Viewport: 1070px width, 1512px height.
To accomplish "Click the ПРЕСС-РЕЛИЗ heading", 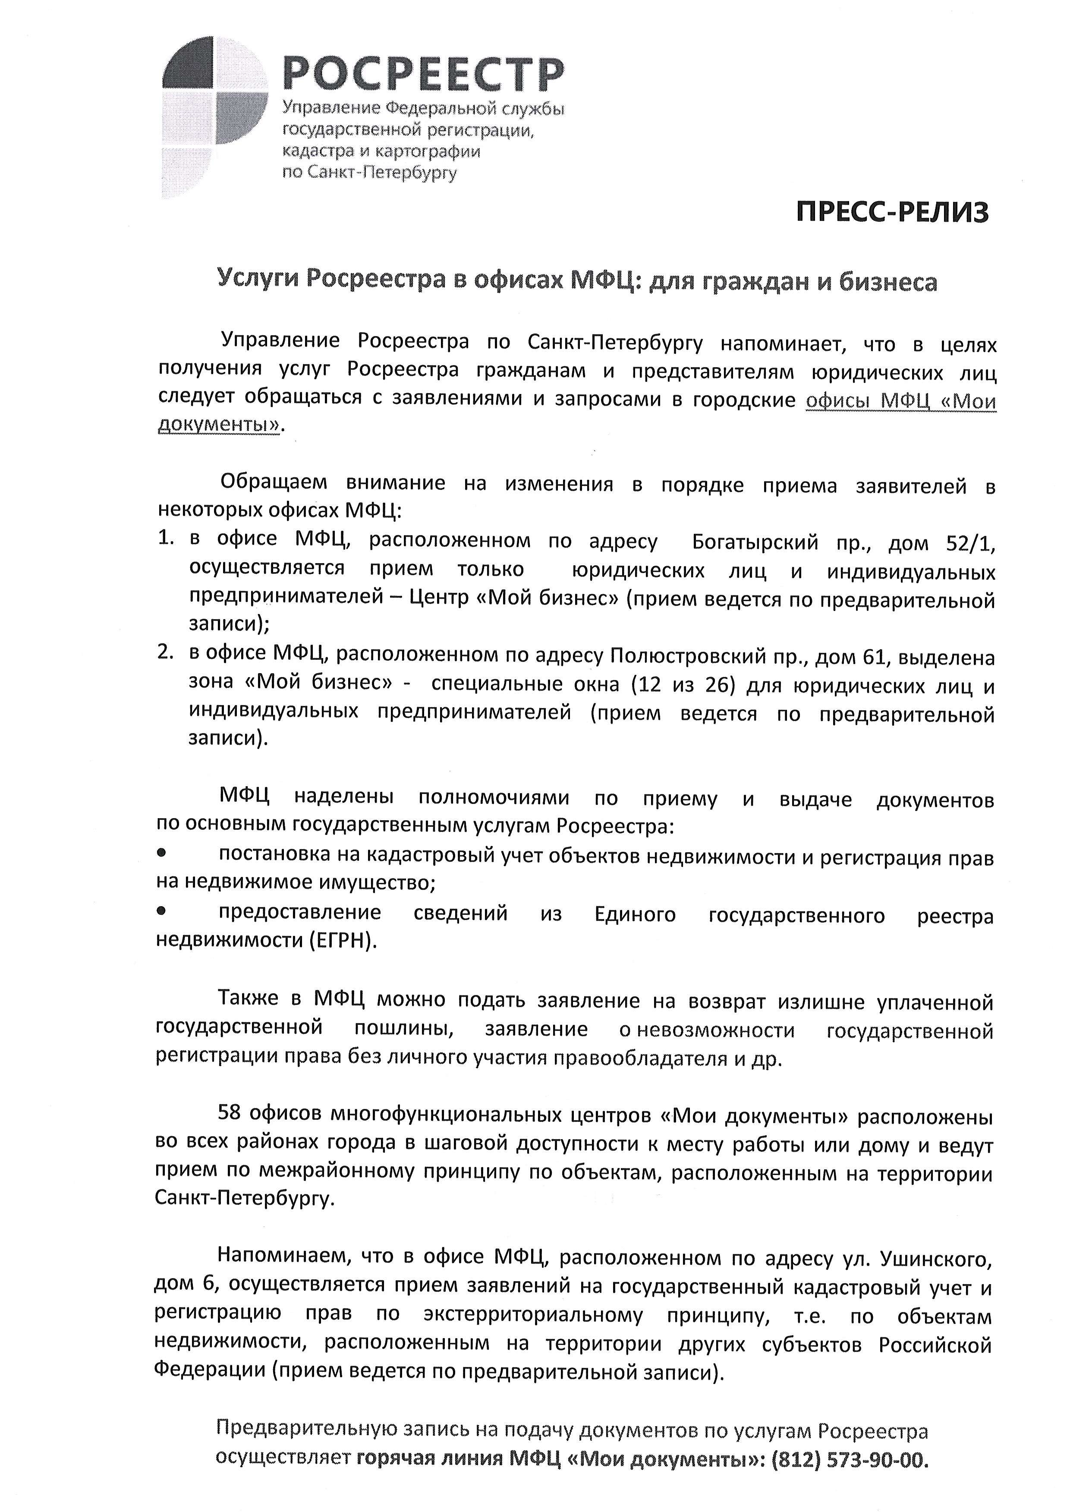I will pyautogui.click(x=892, y=213).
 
